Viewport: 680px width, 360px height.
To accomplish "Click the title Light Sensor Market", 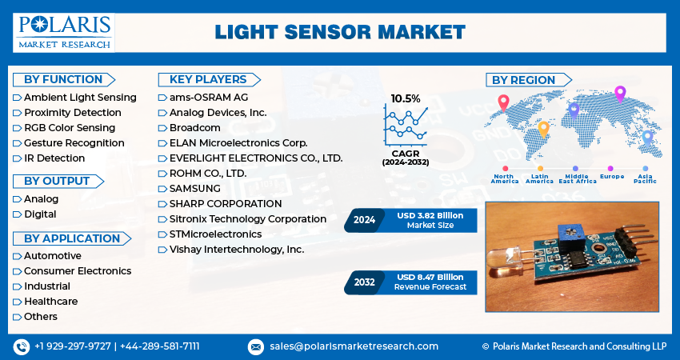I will (x=340, y=32).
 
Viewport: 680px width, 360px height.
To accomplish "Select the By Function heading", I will (x=63, y=79).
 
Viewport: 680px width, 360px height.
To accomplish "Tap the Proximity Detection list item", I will (x=72, y=112).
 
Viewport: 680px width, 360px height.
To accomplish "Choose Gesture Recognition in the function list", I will (x=74, y=143).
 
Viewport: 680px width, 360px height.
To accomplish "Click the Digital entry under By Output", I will (x=40, y=214).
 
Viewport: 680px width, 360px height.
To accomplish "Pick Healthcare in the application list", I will (x=50, y=302).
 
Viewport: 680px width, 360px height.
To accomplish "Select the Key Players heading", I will (x=208, y=79).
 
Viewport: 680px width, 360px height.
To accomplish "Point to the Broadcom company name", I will (x=194, y=128).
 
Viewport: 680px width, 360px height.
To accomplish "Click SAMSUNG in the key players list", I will (x=196, y=189).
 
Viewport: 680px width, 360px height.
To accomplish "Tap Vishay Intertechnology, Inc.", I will (x=237, y=250).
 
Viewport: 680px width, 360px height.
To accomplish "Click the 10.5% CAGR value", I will (x=406, y=98).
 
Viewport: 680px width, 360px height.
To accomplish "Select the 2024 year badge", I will (x=364, y=220).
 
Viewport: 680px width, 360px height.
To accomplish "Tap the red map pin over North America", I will (x=503, y=102).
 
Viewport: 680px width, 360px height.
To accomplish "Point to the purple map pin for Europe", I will (x=619, y=94).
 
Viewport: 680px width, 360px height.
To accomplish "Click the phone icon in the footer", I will (x=21, y=346).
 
